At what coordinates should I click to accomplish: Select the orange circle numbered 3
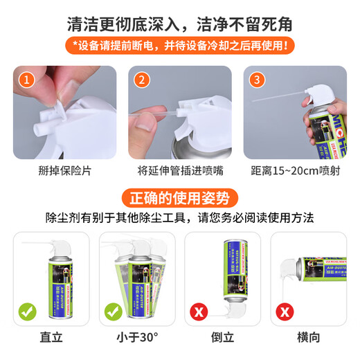click(257, 79)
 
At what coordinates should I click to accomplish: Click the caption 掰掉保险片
click(63, 171)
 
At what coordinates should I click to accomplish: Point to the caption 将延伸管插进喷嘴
click(179, 171)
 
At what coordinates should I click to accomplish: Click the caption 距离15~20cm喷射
click(296, 171)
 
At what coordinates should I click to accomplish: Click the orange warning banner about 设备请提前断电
click(180, 46)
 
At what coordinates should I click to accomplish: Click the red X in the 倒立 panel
click(198, 311)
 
